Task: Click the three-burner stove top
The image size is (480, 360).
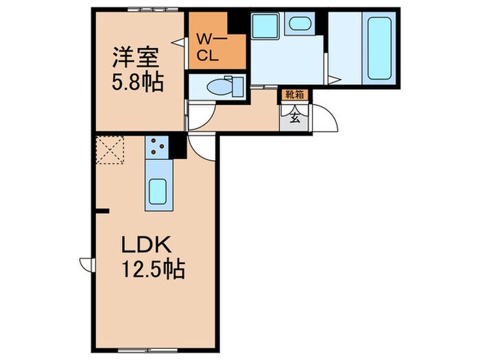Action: pyautogui.click(x=156, y=145)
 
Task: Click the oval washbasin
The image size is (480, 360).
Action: pyautogui.click(x=299, y=24)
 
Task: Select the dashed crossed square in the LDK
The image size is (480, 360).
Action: pyautogui.click(x=110, y=151)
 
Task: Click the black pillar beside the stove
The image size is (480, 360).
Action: pyautogui.click(x=177, y=146)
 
